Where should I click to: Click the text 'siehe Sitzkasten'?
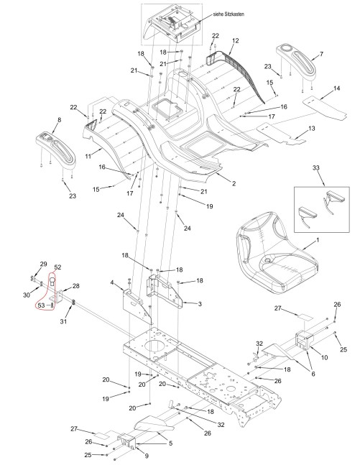[x=229, y=14]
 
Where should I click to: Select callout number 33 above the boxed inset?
[x=316, y=168]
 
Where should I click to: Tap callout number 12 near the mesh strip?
[x=236, y=41]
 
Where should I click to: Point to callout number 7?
[x=321, y=54]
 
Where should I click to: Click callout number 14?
[x=336, y=88]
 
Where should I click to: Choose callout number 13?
[x=312, y=129]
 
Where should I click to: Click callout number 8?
[x=60, y=120]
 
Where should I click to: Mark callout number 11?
[x=88, y=156]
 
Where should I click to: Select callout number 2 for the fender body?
[x=234, y=183]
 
